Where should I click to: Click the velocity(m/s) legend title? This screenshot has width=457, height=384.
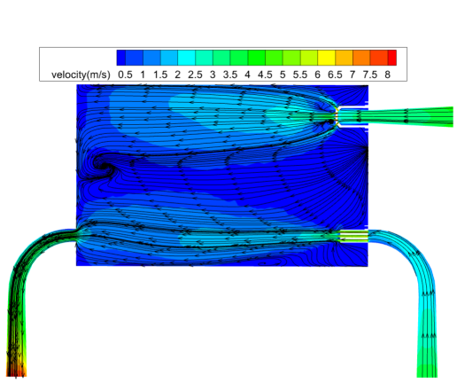(81, 74)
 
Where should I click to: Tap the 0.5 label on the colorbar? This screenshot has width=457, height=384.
(125, 74)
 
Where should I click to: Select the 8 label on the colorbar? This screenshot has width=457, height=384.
(387, 74)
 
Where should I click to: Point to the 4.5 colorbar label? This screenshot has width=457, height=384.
(265, 74)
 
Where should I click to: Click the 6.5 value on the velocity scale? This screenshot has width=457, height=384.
(335, 74)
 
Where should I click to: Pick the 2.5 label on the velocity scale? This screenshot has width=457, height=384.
(195, 74)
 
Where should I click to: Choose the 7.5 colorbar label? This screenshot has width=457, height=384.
(370, 74)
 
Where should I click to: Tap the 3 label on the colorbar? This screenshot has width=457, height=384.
(213, 74)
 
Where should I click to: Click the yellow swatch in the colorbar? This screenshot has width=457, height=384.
(326, 58)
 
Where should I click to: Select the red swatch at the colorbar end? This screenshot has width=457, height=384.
(392, 58)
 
